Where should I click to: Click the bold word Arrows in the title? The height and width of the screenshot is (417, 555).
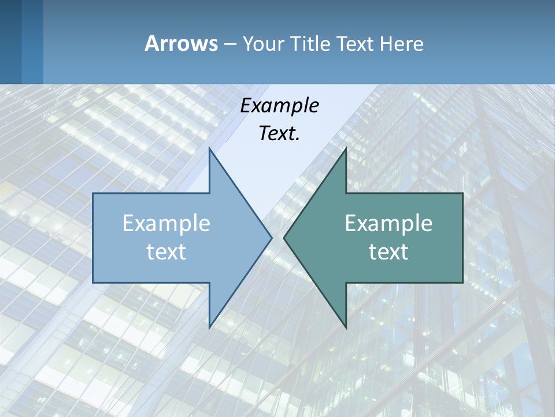point(181,43)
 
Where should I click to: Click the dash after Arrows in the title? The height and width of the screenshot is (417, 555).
point(230,45)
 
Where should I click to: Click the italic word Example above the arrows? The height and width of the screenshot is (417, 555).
point(279,106)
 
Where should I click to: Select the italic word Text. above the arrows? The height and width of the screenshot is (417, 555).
point(278,134)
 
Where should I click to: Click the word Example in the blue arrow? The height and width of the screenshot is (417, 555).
point(166,224)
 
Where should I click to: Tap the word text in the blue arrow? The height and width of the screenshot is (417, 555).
point(166,252)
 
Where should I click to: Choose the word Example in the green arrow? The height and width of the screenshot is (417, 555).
point(388,224)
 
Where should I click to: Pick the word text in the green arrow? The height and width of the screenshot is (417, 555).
point(388,252)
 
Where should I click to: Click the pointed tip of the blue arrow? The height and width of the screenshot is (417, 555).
point(271,237)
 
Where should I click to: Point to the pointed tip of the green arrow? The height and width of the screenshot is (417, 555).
point(284,237)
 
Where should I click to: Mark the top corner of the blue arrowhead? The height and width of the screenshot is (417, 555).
point(209,149)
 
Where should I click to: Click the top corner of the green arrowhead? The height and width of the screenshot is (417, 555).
point(346,149)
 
